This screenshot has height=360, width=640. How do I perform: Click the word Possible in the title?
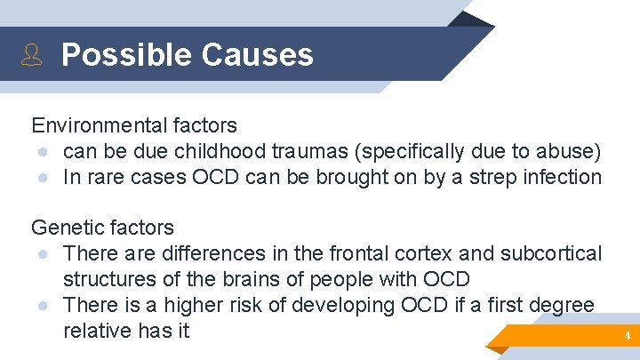(x=126, y=54)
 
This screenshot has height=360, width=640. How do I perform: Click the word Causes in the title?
(x=258, y=54)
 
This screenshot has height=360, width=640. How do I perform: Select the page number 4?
(x=626, y=337)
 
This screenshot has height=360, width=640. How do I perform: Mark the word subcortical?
(x=551, y=253)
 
